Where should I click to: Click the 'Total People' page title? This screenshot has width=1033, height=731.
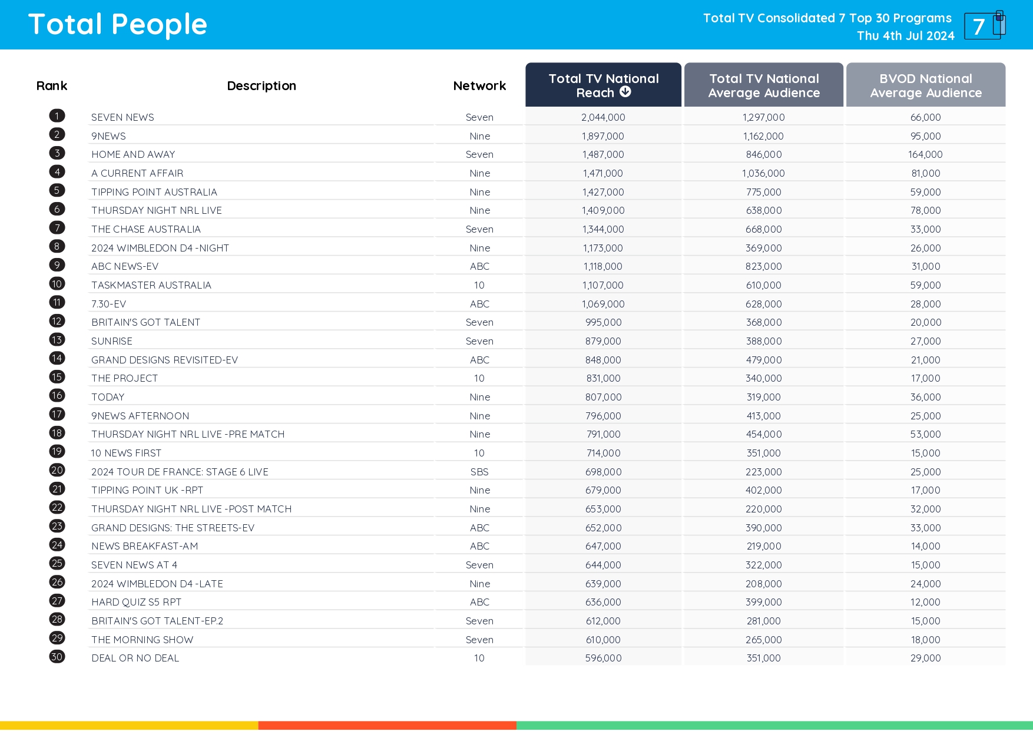coord(118,25)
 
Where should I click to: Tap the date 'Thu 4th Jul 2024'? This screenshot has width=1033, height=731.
coord(905,36)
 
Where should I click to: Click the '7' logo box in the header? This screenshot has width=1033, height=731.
coord(982,26)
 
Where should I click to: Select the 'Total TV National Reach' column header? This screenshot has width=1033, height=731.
coord(603,85)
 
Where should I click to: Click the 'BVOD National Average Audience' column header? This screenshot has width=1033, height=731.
coord(925,85)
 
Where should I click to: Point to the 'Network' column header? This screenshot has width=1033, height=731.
coord(479,86)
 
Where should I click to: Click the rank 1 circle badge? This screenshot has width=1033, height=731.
coord(57,116)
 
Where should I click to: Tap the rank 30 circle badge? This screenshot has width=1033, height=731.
coord(57,657)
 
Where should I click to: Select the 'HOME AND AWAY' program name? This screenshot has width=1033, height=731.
coord(133,154)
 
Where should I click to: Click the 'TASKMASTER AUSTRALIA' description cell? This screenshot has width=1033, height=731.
coord(151,285)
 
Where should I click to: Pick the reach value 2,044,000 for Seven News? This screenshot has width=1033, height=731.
coord(603,117)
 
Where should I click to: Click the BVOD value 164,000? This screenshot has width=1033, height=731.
coord(925,154)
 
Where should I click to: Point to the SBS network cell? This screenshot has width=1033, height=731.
coord(479,472)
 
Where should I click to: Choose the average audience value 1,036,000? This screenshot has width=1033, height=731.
coord(763,173)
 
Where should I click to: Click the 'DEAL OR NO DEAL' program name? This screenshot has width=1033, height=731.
coord(135,658)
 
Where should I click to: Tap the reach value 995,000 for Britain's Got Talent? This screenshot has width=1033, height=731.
coord(603,322)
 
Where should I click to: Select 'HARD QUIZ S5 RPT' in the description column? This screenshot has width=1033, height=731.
coord(137,602)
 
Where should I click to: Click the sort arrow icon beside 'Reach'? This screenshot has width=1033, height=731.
coord(625,92)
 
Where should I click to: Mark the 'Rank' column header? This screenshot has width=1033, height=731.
coord(52,86)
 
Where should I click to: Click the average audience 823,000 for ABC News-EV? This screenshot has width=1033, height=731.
coord(763,266)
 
